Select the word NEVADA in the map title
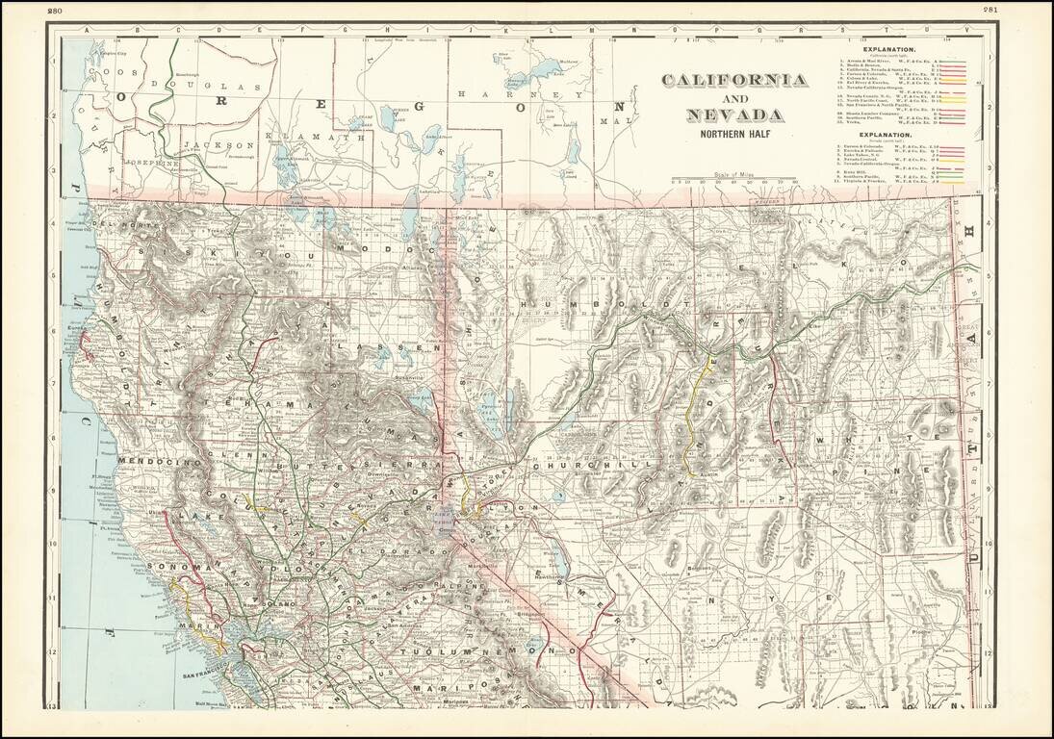point(734,116)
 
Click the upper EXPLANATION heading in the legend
point(888,48)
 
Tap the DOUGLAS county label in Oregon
point(217,86)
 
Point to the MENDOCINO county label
point(156,462)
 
